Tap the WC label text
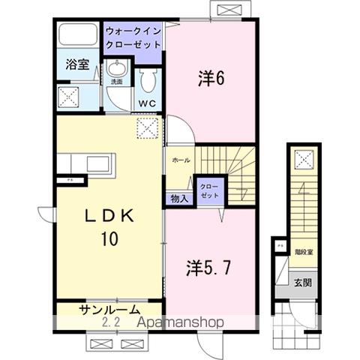coord(145,103)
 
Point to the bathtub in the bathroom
coord(76,36)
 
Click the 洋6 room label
coord(211,76)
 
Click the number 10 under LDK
coord(109,240)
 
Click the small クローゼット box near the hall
coord(208,190)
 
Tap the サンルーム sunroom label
coord(109,310)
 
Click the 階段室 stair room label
coord(304,253)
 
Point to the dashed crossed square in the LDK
coord(148,129)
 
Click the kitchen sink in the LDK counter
coord(97,163)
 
